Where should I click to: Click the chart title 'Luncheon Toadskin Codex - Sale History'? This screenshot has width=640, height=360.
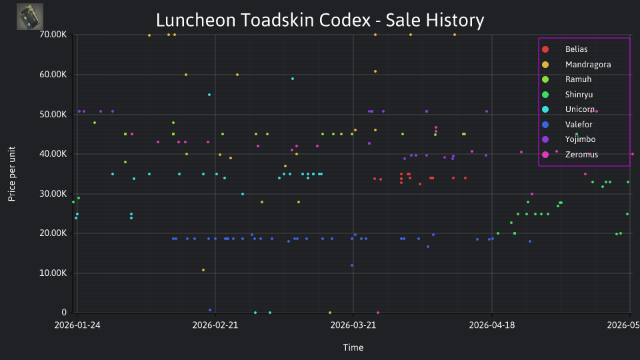coord(320,20)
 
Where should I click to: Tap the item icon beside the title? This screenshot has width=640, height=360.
coord(30,17)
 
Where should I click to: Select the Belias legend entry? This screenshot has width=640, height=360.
coord(576,49)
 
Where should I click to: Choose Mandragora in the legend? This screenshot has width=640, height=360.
coord(588,64)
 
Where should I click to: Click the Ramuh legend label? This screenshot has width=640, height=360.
coord(578,79)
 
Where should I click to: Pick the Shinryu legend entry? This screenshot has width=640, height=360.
coord(579,94)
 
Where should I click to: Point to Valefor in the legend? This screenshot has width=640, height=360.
coord(579,125)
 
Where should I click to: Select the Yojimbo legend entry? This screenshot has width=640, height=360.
coord(580,139)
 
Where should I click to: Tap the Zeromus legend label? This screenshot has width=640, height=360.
coord(581,154)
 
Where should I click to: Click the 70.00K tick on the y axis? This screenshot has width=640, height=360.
coord(53,35)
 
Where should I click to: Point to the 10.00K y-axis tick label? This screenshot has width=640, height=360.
coord(53,273)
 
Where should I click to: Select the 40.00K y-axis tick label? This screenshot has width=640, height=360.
coord(53,154)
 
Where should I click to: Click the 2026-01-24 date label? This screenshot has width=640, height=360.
coord(77,325)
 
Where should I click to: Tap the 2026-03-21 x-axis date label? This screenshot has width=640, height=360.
coord(353,325)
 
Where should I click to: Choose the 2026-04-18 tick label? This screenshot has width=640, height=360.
coord(492,325)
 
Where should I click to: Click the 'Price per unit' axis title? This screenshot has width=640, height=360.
coord(12,174)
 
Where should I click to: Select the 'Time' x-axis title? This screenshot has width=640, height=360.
coord(353,347)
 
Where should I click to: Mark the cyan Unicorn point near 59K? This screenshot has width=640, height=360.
coord(293,79)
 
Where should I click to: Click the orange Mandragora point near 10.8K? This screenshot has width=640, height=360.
coord(203,270)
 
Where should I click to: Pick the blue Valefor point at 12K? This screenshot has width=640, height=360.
coord(352,265)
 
